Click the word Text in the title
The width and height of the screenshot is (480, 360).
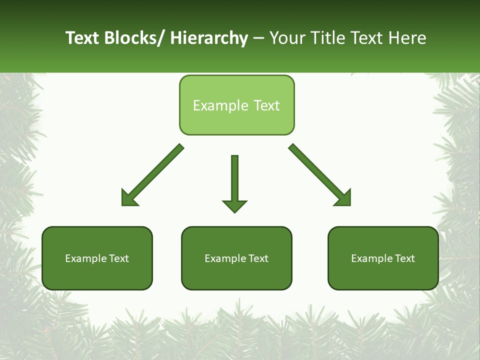(x=82, y=38)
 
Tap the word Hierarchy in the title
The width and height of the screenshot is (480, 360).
(x=209, y=38)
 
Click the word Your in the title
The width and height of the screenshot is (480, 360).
(x=287, y=38)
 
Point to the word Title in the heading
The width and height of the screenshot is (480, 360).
(x=328, y=38)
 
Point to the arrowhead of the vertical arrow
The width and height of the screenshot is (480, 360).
(x=234, y=205)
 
